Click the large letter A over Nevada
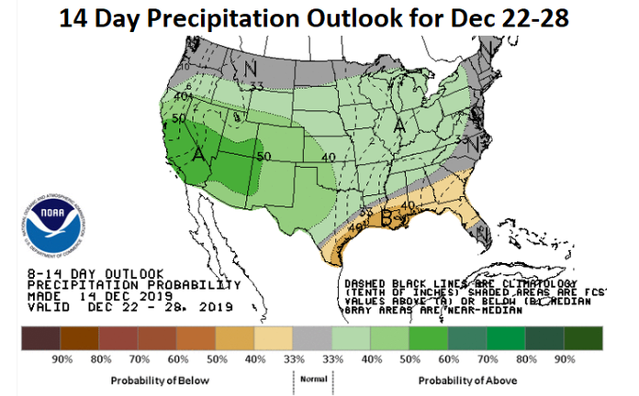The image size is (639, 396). (x=197, y=155)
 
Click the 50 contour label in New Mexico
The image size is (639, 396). (x=265, y=157)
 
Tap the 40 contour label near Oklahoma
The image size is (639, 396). (x=329, y=158)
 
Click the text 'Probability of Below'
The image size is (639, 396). (x=161, y=379)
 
